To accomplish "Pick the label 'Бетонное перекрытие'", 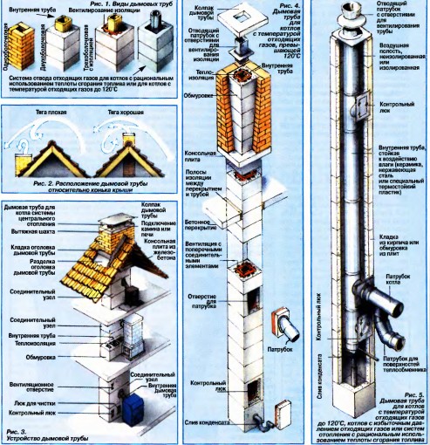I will click(216, 229).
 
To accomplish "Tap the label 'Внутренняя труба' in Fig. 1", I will click(29, 9).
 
